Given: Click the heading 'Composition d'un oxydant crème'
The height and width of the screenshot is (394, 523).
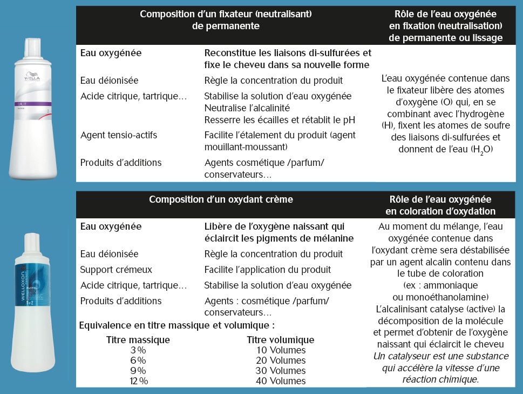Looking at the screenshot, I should tap(221, 199).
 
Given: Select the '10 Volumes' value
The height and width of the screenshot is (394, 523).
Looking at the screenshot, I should tap(281, 350).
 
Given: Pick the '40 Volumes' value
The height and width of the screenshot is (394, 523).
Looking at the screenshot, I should tap(281, 381).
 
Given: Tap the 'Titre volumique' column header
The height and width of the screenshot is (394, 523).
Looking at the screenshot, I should tap(280, 340).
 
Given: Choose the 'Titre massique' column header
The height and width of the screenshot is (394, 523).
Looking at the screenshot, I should tap(138, 340).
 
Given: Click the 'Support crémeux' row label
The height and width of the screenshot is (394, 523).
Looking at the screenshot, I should tap(116, 269).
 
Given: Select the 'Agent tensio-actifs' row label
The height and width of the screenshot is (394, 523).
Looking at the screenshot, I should tap(118, 135).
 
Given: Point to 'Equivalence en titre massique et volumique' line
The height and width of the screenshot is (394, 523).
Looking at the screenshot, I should tap(177, 325).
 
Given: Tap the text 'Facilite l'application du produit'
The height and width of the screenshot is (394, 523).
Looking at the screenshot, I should tap(268, 269).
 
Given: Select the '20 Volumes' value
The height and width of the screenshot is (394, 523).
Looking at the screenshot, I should tap(281, 360).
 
